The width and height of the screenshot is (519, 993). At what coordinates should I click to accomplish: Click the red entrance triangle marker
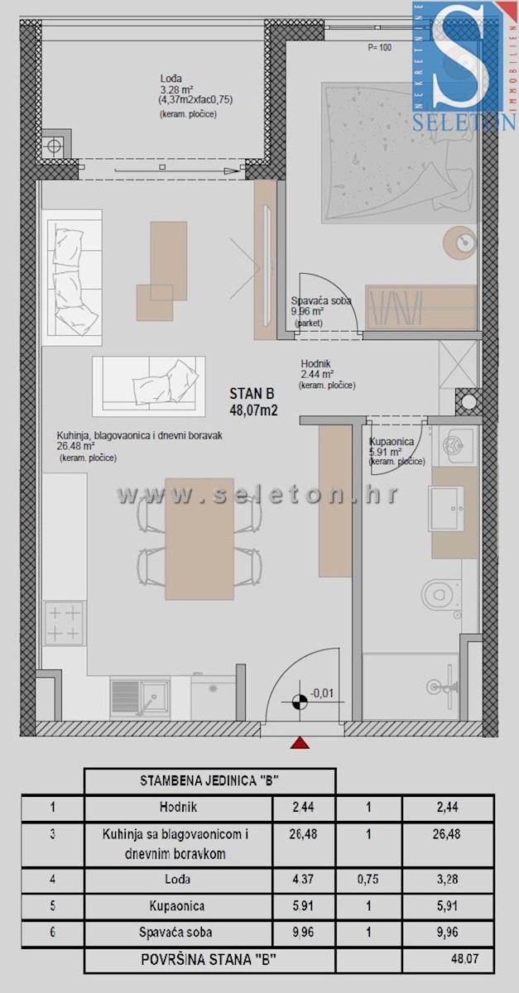[300, 745]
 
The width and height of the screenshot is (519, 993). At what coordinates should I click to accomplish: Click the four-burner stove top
[63, 623]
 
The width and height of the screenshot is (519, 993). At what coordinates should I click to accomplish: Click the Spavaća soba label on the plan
[321, 301]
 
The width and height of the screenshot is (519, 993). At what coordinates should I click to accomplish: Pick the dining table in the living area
[199, 539]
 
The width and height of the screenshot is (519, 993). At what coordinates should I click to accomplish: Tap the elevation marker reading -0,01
[321, 693]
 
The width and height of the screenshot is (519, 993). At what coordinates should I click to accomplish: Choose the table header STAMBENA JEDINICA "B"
[209, 780]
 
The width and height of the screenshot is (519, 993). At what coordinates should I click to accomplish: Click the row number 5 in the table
[52, 906]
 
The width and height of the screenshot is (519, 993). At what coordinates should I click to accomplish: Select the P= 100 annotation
[379, 48]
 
